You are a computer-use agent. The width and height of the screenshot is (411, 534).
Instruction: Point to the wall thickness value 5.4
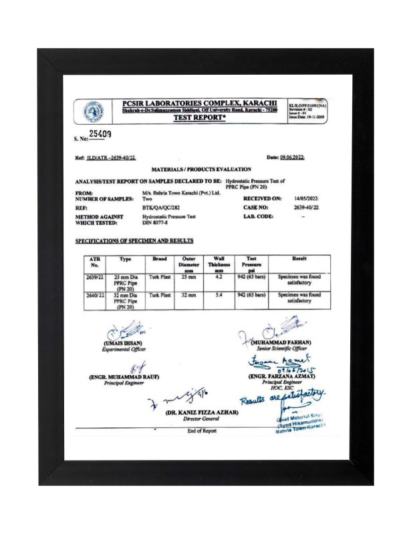point(219,294)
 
